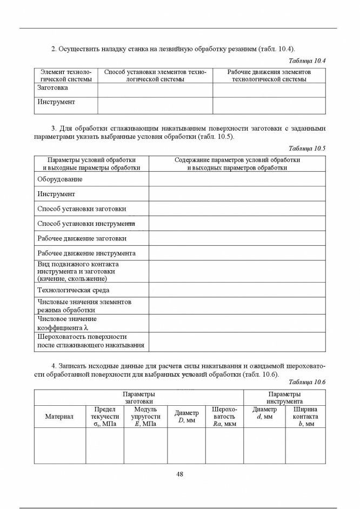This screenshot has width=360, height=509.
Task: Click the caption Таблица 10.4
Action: pyautogui.click(x=307, y=61)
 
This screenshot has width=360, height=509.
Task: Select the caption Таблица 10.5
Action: pyautogui.click(x=307, y=148)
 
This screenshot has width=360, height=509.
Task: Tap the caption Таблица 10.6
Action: pyautogui.click(x=307, y=382)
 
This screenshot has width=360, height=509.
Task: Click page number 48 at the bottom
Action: pyautogui.click(x=180, y=474)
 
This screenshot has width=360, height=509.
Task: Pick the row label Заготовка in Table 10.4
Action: pyautogui.click(x=53, y=88)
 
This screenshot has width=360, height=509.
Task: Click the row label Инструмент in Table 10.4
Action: pyautogui.click(x=56, y=102)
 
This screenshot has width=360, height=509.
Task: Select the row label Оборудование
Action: pyautogui.click(x=60, y=179)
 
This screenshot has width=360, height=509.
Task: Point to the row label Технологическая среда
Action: pyautogui.click(x=73, y=290)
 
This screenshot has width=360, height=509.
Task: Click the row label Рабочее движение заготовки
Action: pyautogui.click(x=82, y=238)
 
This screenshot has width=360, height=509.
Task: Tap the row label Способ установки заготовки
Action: pyautogui.click(x=82, y=209)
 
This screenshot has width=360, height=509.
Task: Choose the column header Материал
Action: pyautogui.click(x=59, y=417)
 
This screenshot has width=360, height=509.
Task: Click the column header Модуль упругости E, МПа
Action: pyautogui.click(x=145, y=417)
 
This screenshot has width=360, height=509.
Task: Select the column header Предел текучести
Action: pyautogui.click(x=105, y=417)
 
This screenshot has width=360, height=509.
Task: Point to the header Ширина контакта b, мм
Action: pyautogui.click(x=305, y=417)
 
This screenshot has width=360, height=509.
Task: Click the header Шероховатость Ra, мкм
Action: pyautogui.click(x=224, y=417)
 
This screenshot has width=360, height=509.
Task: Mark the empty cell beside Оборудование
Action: pyautogui.click(x=237, y=179)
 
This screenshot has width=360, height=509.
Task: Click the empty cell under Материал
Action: pyautogui.click(x=59, y=446)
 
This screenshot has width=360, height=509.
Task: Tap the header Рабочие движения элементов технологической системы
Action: pyautogui.click(x=269, y=76)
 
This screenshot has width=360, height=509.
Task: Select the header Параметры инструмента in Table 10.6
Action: pyautogui.click(x=284, y=398)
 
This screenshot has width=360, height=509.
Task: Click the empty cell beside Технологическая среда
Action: pyautogui.click(x=237, y=290)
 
